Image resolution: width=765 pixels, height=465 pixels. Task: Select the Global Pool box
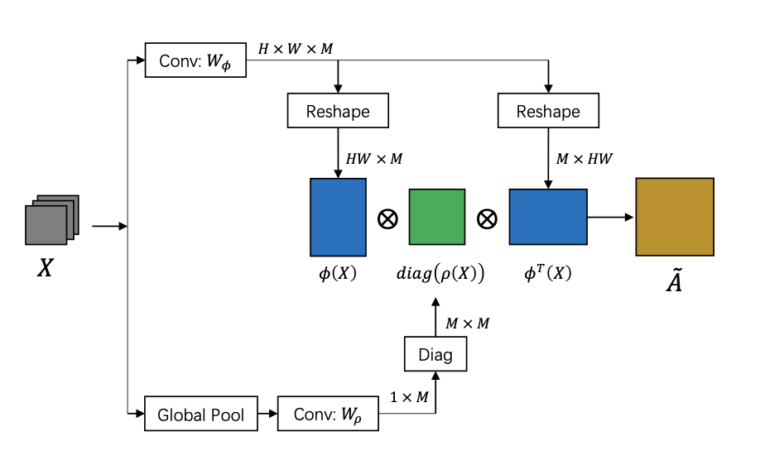coord(200,414)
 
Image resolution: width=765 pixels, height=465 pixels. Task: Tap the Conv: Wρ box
coord(329,414)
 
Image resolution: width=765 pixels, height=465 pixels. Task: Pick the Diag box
coord(435,355)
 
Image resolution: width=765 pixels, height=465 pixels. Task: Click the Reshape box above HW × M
coord(338,111)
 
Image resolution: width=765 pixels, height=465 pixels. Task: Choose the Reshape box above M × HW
coord(548,111)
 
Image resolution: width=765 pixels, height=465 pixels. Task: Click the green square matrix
coord(437,217)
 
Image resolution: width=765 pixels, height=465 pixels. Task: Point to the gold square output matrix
coord(675,216)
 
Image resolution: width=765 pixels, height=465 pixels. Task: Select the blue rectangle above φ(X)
coord(338,217)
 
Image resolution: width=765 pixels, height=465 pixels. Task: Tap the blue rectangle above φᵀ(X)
coord(548,217)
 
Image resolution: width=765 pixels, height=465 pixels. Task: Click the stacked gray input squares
coord(51,220)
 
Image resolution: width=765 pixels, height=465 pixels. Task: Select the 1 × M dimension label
coord(410,397)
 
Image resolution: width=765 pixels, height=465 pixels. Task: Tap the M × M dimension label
coord(467,323)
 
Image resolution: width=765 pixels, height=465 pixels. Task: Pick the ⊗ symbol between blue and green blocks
coord(387,219)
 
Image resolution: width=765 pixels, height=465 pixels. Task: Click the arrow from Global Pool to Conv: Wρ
coord(267,414)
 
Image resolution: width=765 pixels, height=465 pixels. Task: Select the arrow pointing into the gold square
coord(611,217)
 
